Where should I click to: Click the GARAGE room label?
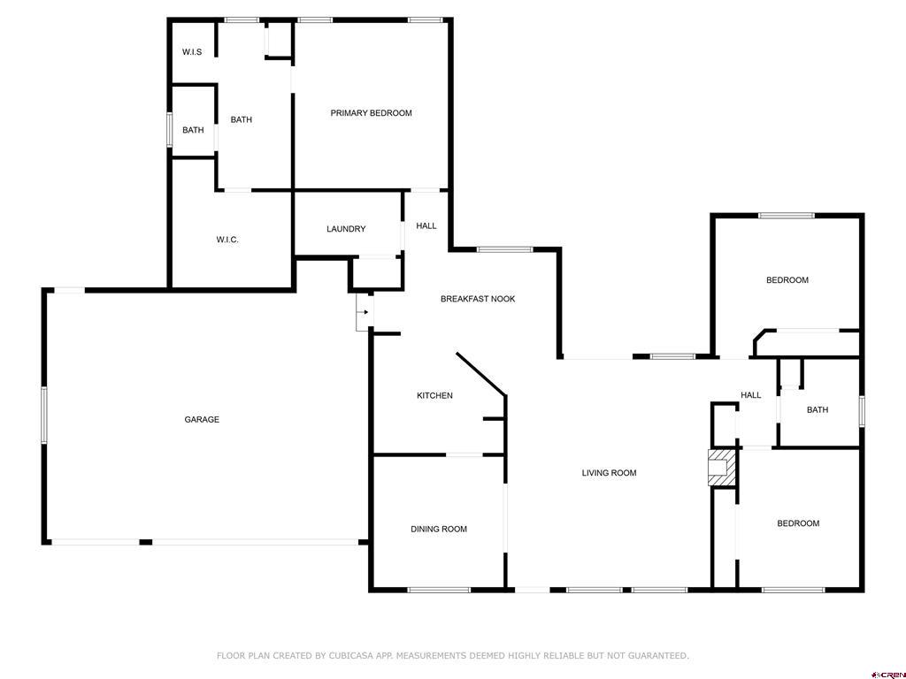tap(202, 420)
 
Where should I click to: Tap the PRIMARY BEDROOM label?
tap(371, 113)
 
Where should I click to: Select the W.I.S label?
tap(192, 52)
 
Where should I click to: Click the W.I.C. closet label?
tap(227, 240)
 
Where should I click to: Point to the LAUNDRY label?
tap(346, 229)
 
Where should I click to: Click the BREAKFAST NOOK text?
tap(478, 299)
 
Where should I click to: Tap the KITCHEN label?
tap(434, 395)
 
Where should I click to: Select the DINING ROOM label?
tap(438, 530)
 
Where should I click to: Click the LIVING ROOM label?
tap(609, 473)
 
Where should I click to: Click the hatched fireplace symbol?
tap(721, 466)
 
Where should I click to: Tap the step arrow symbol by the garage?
tap(364, 312)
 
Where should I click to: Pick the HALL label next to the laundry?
tap(426, 226)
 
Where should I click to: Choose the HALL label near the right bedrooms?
tap(750, 395)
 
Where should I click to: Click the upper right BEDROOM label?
tap(787, 280)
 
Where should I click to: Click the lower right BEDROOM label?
tap(798, 523)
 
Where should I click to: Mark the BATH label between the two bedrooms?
tap(817, 410)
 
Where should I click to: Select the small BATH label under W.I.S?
tap(193, 130)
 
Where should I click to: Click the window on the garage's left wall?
tap(43, 414)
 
